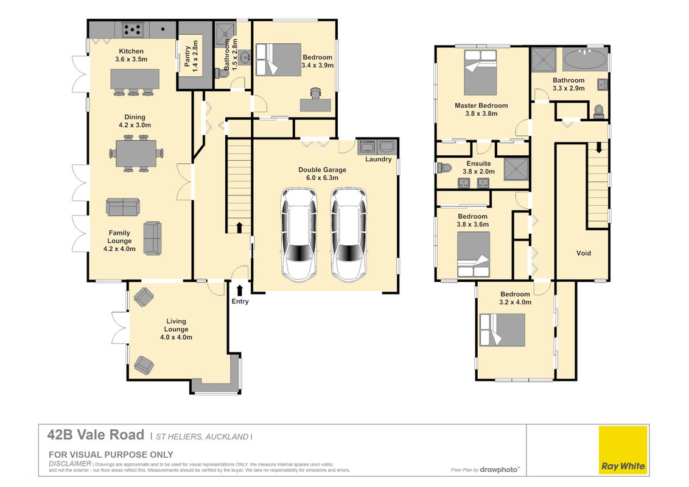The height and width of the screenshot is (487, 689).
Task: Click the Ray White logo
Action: (x=623, y=450)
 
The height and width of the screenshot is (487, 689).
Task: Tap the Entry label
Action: (x=240, y=301)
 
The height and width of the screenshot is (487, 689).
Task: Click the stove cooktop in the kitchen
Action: (x=132, y=30)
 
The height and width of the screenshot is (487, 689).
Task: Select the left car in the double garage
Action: (x=299, y=235)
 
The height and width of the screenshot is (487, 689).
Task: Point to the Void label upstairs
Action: (x=584, y=253)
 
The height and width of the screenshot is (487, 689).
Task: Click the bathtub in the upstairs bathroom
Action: (x=586, y=59)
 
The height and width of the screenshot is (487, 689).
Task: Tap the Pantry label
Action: (x=187, y=56)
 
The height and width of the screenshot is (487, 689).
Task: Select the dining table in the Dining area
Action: (x=136, y=153)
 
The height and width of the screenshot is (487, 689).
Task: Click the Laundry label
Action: (x=379, y=159)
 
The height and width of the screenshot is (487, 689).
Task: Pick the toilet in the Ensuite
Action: (x=444, y=167)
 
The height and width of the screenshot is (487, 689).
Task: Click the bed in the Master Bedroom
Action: (x=480, y=72)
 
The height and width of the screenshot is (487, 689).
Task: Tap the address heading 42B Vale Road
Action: (x=96, y=435)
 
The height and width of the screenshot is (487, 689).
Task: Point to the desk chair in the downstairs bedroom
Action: (x=315, y=93)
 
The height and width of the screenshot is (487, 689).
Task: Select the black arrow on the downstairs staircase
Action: (x=239, y=227)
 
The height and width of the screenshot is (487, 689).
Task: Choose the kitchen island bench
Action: (x=135, y=79)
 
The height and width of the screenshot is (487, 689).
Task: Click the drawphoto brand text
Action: (x=498, y=469)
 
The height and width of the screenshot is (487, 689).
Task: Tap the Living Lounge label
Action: (x=176, y=325)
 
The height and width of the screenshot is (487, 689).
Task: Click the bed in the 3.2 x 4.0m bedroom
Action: (x=502, y=330)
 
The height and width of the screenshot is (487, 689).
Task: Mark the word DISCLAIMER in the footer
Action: (x=70, y=463)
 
